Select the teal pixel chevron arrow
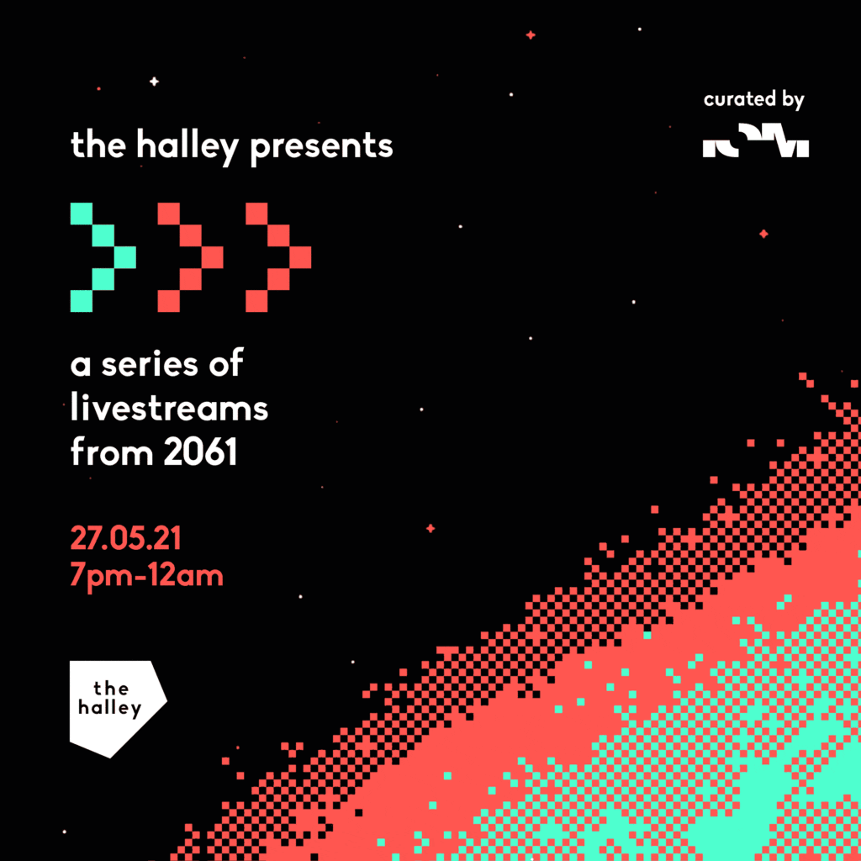click(103, 256)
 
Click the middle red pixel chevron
click(190, 256)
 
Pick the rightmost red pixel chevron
click(278, 256)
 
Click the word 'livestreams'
click(169, 409)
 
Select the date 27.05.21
click(125, 537)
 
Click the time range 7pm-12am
click(147, 577)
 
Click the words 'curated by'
click(754, 100)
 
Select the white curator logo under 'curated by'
click(755, 145)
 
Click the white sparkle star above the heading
click(154, 82)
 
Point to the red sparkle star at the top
click(531, 35)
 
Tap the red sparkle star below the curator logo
click(763, 234)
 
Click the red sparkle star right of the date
click(430, 528)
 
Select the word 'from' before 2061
click(112, 453)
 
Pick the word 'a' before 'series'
click(80, 367)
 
